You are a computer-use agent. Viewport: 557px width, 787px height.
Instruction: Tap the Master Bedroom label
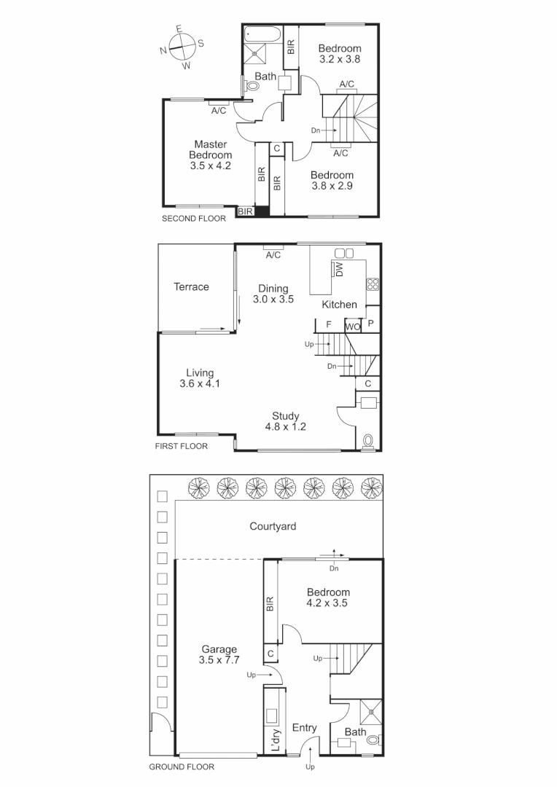click(211, 155)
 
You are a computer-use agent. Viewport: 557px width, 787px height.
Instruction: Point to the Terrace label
click(191, 287)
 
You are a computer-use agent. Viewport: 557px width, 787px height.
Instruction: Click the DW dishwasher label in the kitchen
click(340, 270)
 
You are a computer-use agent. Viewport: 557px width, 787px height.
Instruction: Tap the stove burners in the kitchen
click(373, 284)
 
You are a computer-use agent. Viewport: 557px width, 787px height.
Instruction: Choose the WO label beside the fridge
click(353, 326)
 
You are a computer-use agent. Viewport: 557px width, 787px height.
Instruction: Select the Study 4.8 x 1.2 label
click(286, 421)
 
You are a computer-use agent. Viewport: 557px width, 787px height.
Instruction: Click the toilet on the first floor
click(368, 441)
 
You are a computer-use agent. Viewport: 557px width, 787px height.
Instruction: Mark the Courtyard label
click(273, 526)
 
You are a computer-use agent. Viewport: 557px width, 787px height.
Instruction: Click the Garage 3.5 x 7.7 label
click(219, 654)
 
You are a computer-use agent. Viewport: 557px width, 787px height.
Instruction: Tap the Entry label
click(305, 728)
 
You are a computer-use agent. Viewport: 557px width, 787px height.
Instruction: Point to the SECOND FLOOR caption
click(194, 218)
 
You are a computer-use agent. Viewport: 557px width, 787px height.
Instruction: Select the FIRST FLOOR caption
click(182, 446)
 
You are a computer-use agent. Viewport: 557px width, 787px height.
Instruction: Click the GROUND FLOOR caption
click(182, 767)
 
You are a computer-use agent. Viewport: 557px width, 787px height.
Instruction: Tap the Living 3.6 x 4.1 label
click(199, 378)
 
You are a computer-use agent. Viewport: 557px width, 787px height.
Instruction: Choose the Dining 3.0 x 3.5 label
click(273, 294)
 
